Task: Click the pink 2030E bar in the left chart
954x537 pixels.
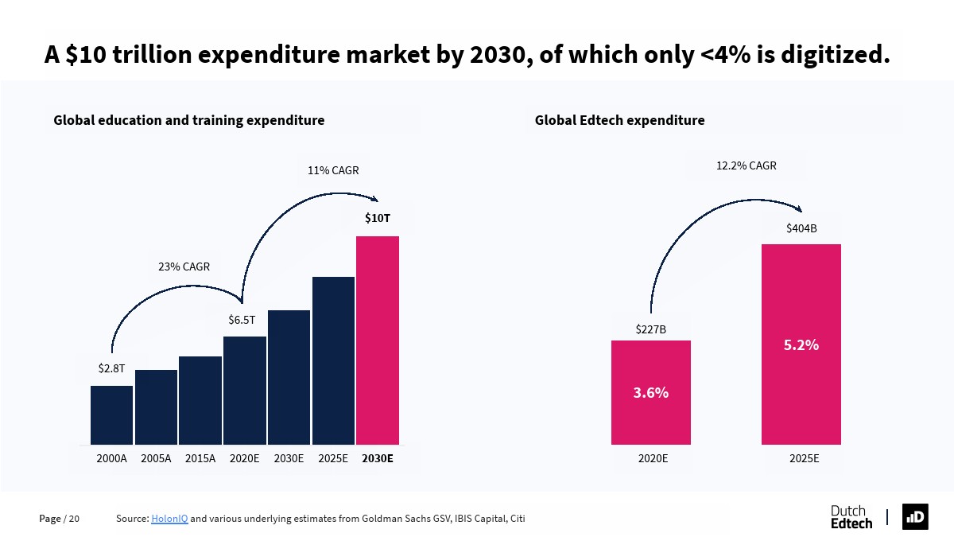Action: coord(378,340)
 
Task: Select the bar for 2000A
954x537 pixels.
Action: coord(111,414)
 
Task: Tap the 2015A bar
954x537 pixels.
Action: coord(200,400)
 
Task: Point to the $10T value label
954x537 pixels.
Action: coord(378,217)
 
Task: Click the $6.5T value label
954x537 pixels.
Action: coord(242,320)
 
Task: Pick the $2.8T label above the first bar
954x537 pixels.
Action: coord(111,368)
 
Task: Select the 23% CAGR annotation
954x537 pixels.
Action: coord(184,267)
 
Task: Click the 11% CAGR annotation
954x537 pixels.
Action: coord(333,170)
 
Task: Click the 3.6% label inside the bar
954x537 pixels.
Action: coord(650,392)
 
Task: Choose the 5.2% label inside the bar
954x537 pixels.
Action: coord(801,344)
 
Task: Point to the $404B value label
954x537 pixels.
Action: coord(801,228)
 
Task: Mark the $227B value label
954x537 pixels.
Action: coord(650,329)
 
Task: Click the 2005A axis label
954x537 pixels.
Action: coord(156,458)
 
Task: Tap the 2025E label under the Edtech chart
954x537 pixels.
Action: coord(804,458)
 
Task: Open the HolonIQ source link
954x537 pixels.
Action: coord(169,519)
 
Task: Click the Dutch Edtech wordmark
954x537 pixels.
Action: coord(851,516)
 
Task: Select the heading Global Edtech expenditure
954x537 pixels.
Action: coord(619,120)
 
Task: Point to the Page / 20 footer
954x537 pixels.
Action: coord(60,519)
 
